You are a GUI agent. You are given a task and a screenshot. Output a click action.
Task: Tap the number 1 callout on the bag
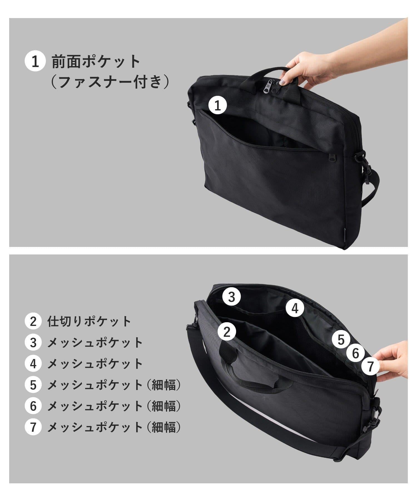218,106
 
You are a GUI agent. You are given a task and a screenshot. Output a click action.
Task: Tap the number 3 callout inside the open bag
232,297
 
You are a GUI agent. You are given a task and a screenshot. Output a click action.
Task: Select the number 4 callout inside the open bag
295,308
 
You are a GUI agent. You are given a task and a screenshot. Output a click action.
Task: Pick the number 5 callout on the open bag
341,339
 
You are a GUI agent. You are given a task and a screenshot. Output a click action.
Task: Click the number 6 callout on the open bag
356,353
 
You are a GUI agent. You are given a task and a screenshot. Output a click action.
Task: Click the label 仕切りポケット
89,322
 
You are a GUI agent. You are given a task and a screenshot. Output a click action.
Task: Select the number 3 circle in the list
33,343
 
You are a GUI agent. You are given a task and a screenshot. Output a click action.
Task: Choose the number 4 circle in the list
33,364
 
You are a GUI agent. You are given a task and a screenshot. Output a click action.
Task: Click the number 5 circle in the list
33,385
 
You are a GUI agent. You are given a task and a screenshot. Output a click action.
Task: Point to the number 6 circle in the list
33,406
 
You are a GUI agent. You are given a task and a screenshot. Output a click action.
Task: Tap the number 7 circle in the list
33,427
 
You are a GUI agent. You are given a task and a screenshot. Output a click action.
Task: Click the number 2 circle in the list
33,322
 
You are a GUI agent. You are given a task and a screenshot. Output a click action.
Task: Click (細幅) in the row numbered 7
164,427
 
